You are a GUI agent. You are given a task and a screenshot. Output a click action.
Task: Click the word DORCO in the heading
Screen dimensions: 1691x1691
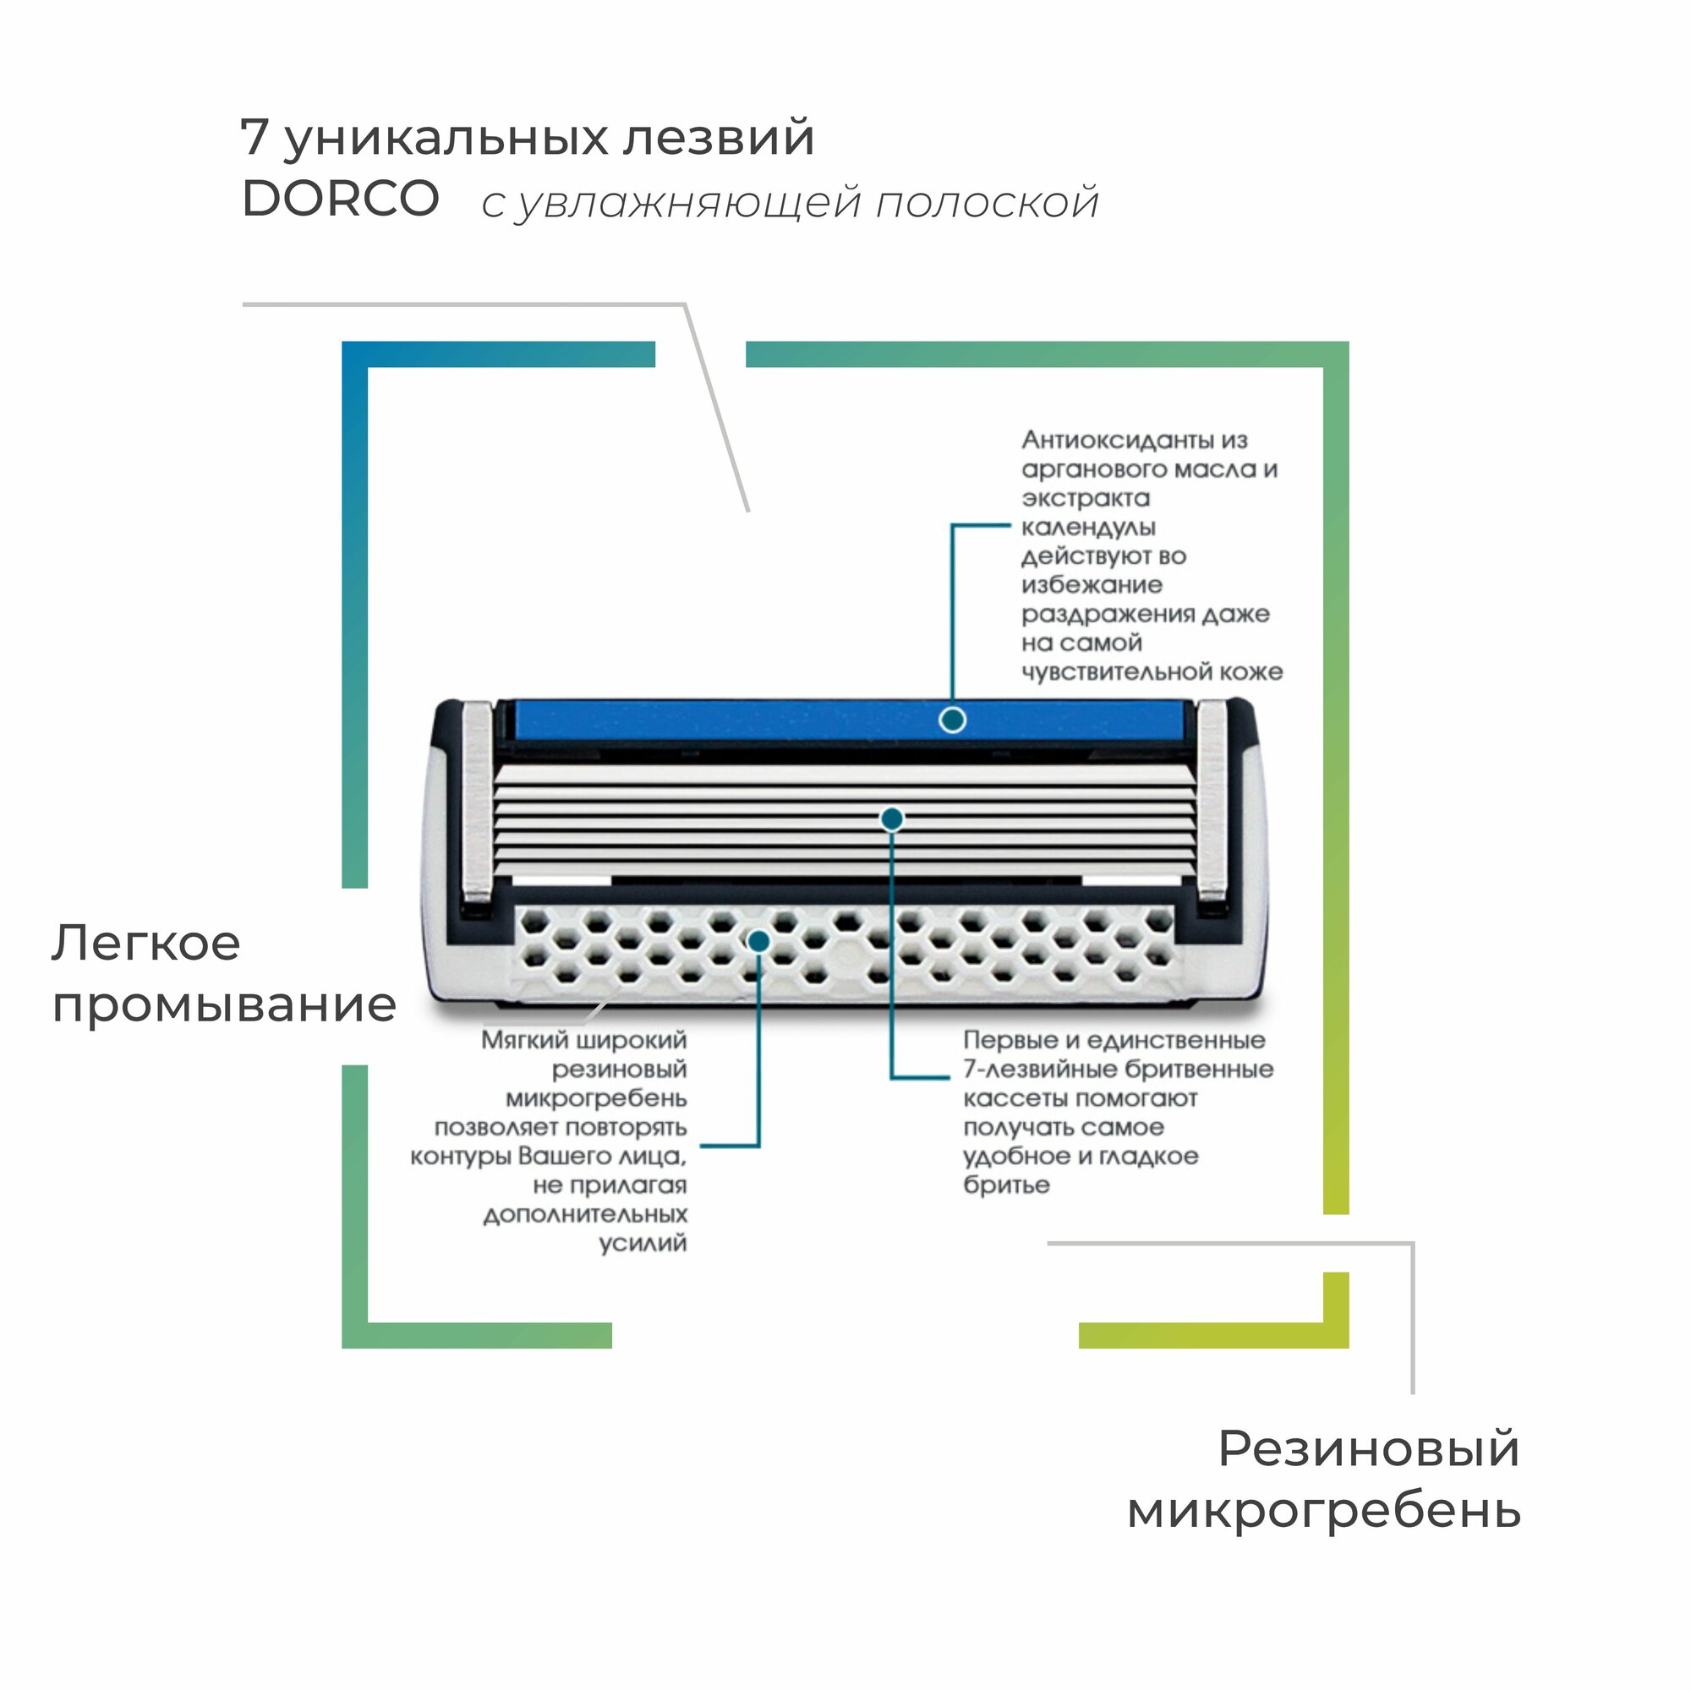(x=340, y=199)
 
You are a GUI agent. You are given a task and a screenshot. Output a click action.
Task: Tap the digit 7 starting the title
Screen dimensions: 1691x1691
(x=253, y=138)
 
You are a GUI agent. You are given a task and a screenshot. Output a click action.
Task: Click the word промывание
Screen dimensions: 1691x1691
(x=224, y=1005)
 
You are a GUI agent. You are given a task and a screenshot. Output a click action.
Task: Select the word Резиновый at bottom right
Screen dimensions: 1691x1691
(x=1368, y=1449)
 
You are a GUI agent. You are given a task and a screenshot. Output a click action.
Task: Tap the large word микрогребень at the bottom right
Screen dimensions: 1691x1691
(x=1323, y=1511)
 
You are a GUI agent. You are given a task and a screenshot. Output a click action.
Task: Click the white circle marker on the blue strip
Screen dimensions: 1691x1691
(x=952, y=720)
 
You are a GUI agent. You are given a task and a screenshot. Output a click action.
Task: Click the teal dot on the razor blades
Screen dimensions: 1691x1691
(x=892, y=819)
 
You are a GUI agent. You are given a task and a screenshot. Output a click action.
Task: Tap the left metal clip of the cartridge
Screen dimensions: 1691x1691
(x=477, y=801)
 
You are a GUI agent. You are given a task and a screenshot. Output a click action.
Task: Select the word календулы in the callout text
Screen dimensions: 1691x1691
(x=1088, y=527)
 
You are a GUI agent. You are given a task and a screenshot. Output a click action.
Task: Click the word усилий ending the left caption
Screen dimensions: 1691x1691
(x=643, y=1244)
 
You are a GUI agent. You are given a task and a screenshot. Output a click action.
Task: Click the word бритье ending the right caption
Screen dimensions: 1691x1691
(x=1005, y=1185)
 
